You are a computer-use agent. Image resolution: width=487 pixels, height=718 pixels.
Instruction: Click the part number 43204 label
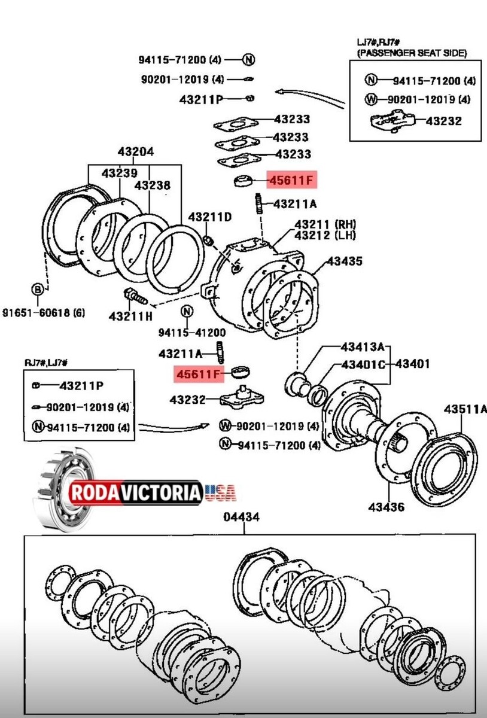[135, 152]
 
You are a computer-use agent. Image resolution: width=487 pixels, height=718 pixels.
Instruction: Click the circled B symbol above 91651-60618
[38, 290]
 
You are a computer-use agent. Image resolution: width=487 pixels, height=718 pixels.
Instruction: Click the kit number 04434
[242, 518]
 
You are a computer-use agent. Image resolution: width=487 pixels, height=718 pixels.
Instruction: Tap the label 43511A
[465, 409]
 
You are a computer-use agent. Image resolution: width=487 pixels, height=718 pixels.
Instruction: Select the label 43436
[386, 507]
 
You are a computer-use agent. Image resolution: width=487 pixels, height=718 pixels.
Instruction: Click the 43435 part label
[344, 261]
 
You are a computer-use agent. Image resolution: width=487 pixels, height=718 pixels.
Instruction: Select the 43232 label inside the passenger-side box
[443, 121]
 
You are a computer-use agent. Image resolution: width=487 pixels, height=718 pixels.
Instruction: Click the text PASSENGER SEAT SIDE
[412, 53]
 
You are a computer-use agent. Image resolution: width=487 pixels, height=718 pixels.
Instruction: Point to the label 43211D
[209, 216]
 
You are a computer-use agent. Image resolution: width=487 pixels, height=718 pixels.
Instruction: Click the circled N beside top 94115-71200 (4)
[249, 59]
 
